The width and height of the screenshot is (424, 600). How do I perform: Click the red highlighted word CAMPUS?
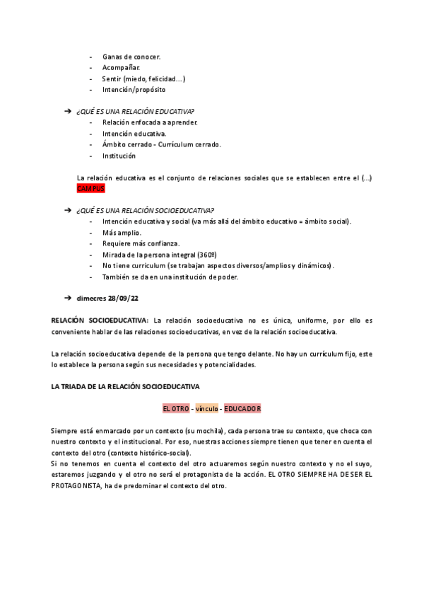point(90,189)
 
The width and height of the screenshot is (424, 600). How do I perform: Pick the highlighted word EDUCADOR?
point(242,409)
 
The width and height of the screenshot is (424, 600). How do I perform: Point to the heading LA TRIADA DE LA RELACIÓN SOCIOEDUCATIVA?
point(126,387)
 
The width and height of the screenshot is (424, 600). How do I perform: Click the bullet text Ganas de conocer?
point(131,57)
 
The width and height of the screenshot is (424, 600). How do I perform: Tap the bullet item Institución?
point(119,156)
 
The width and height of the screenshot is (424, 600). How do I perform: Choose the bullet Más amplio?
point(122,233)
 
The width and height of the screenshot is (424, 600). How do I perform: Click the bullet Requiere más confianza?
point(141,243)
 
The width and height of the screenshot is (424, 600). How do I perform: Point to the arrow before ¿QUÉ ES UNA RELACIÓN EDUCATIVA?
point(68,112)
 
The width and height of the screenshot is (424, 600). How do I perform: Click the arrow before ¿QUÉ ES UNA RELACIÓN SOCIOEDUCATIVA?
point(68,210)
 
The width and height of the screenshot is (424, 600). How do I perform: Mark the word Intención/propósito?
point(134,90)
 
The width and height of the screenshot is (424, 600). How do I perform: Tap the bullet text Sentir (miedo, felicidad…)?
point(144,79)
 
